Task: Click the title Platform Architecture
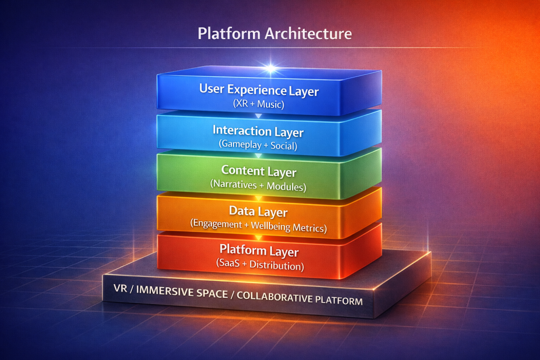(274, 34)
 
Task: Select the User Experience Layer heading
(259, 90)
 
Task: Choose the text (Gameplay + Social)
(258, 144)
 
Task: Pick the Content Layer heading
(258, 171)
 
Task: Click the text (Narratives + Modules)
(258, 185)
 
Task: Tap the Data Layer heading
(258, 212)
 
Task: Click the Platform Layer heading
(259, 251)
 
